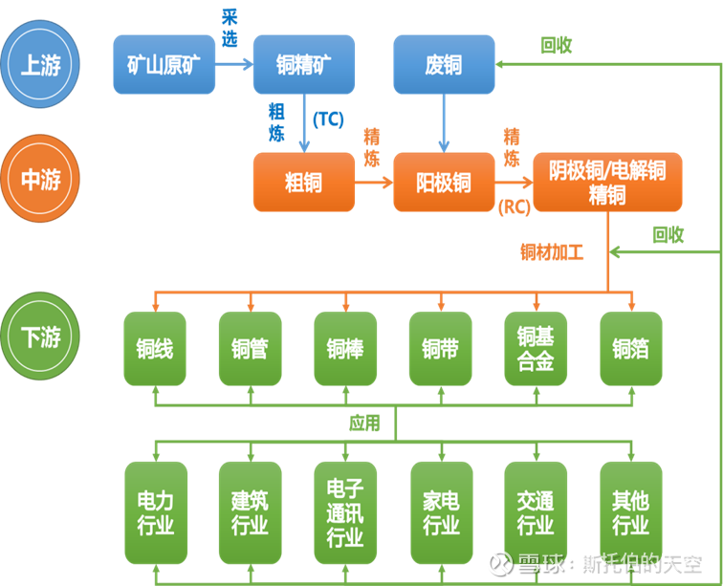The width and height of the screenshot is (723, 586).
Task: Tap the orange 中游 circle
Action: (40, 179)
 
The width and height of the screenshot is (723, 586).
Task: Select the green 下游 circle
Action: (40, 336)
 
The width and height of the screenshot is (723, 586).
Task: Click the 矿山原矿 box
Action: (164, 64)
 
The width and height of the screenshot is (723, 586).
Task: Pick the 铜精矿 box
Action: (303, 64)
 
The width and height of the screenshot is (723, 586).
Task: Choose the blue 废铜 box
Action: (443, 64)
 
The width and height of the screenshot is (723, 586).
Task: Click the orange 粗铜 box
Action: (303, 182)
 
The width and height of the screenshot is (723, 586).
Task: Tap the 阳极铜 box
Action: (443, 182)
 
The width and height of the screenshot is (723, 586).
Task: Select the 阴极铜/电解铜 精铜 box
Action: (607, 182)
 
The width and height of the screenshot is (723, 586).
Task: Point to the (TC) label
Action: (328, 119)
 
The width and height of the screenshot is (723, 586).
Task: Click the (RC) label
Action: (514, 207)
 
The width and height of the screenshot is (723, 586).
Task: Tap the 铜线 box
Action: (155, 349)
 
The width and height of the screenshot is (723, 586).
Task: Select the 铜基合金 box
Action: (536, 349)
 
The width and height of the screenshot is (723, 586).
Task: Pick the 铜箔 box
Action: (631, 349)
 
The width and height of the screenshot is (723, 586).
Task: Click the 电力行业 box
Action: (155, 512)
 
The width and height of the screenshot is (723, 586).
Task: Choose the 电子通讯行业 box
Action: (345, 512)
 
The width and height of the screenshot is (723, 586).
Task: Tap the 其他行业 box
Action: (631, 512)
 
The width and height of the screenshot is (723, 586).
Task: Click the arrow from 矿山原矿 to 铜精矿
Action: (233, 64)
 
